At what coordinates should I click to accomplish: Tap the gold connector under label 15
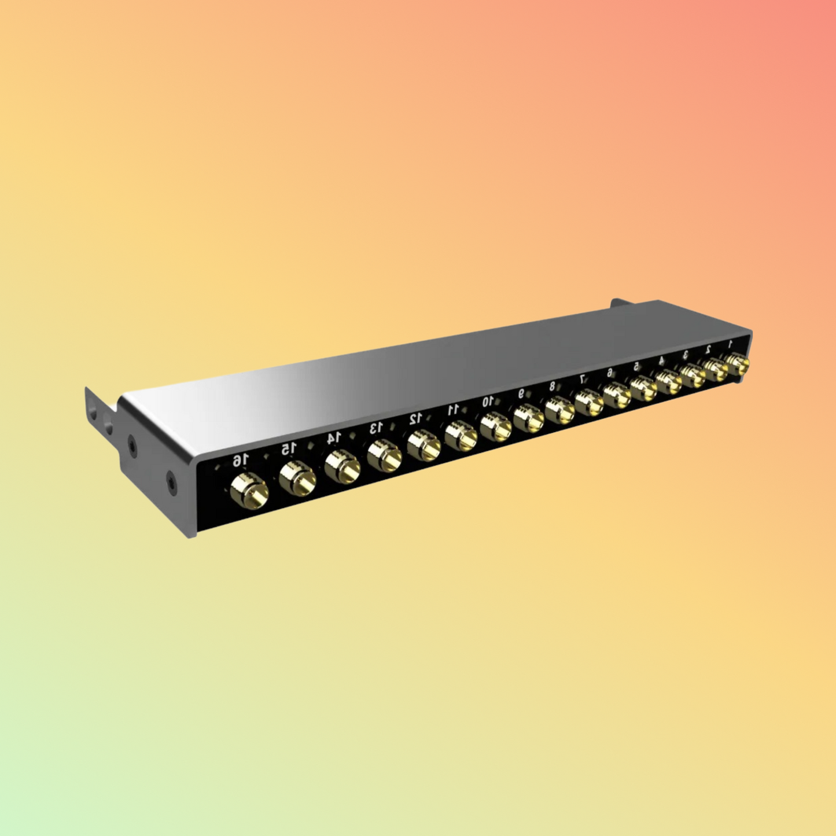click(x=297, y=478)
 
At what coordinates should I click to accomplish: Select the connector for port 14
click(x=342, y=466)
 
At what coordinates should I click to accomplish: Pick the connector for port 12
click(x=423, y=446)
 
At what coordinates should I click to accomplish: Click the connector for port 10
click(x=495, y=426)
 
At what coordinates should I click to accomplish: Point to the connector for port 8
click(x=559, y=410)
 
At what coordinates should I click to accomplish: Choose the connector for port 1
click(x=737, y=364)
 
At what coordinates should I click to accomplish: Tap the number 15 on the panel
click(x=289, y=448)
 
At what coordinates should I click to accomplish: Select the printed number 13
click(x=376, y=428)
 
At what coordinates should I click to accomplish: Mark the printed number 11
click(x=453, y=410)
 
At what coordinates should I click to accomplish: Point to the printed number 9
click(x=521, y=393)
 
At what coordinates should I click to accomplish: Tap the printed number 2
click(x=708, y=349)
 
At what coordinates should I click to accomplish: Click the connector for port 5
click(x=643, y=388)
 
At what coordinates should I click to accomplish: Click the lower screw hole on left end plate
click(x=171, y=480)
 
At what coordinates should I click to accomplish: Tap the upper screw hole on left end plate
click(x=132, y=445)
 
